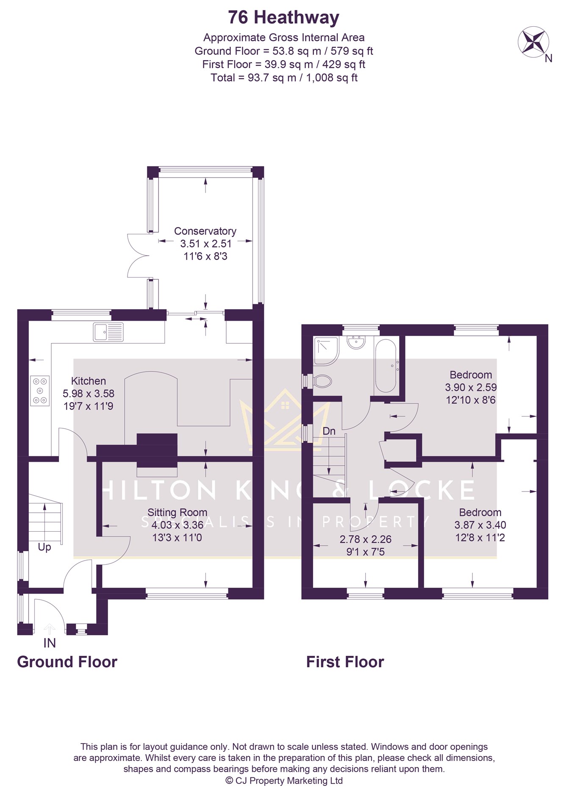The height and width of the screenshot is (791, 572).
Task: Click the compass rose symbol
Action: point(533,42)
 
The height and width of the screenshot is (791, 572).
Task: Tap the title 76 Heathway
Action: point(283,18)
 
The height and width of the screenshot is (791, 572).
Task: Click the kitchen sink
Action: point(108,332)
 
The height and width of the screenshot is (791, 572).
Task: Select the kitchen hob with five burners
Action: point(40,391)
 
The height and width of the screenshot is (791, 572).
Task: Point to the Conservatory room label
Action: point(205,231)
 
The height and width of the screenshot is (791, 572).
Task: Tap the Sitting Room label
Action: point(177,513)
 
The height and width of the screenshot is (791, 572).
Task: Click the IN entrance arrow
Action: point(50,629)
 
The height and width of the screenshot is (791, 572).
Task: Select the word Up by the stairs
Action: point(44,547)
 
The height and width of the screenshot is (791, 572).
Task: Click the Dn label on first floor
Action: point(329,431)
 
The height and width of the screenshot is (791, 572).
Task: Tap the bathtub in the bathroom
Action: point(385,366)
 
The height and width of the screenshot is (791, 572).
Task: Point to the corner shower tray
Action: point(326,351)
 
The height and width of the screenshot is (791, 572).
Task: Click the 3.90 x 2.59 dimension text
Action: point(471,387)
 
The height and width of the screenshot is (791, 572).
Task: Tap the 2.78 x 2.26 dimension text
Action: point(366,539)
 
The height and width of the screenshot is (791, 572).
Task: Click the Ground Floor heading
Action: point(67,662)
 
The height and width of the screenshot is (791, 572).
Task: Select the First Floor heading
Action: point(345,662)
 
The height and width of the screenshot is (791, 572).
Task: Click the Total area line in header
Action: point(284,78)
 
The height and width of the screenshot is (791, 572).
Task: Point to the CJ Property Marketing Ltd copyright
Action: point(284,780)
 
